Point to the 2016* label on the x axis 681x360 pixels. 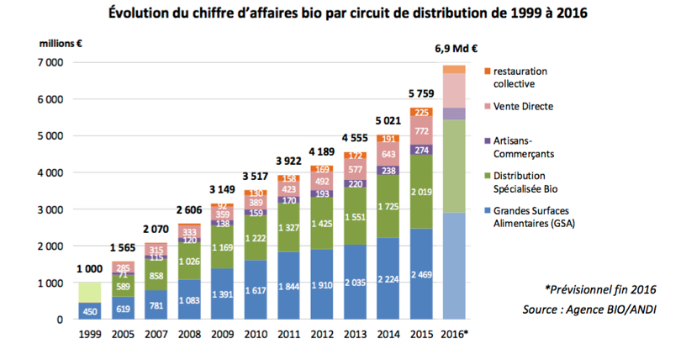point(454,334)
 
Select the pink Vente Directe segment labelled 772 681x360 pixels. point(420,131)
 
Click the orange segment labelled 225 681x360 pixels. point(420,113)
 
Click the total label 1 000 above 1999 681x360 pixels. point(90,268)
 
